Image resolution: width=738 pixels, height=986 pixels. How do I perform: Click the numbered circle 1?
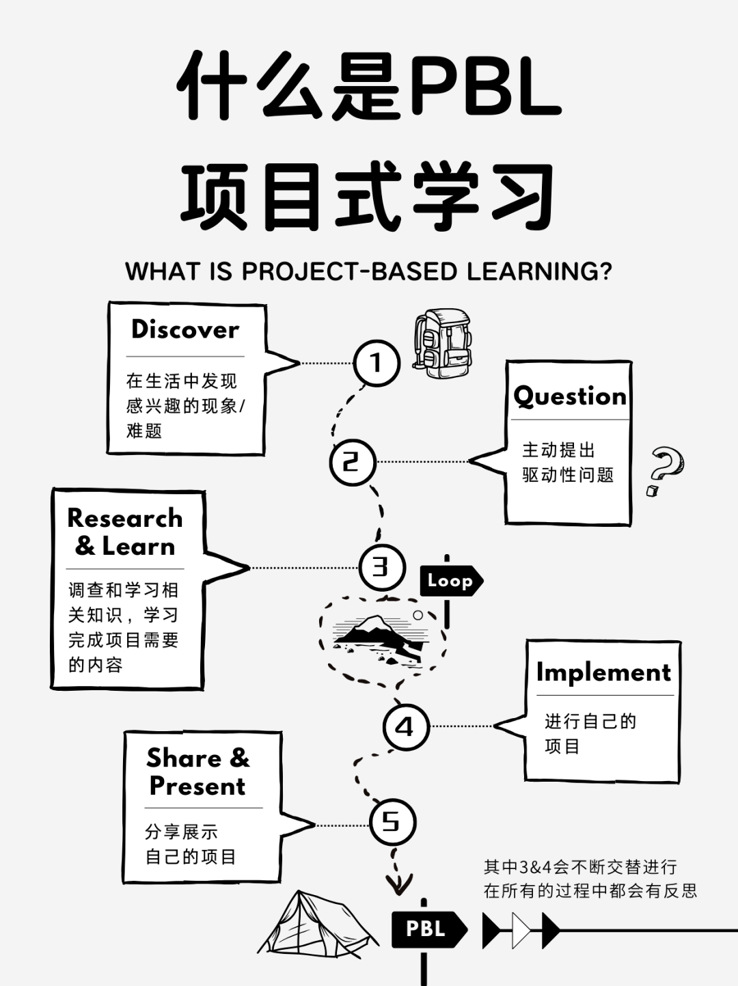click(377, 363)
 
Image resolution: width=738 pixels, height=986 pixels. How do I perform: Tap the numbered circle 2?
click(353, 462)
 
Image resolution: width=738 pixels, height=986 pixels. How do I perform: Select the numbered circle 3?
click(382, 567)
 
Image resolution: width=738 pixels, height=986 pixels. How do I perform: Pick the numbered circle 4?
click(406, 727)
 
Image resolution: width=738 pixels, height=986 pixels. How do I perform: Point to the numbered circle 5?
click(393, 823)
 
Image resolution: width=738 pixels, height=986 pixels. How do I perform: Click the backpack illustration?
click(442, 343)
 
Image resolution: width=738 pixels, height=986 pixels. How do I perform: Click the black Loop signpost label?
click(451, 581)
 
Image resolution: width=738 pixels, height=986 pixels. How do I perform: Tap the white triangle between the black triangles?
click(521, 930)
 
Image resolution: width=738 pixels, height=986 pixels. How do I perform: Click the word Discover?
click(185, 330)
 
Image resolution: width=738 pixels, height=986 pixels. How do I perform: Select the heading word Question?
click(569, 396)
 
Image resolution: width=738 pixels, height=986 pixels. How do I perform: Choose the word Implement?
click(603, 673)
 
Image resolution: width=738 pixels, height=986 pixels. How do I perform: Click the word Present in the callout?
click(197, 786)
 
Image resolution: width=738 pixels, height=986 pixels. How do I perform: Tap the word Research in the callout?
click(125, 519)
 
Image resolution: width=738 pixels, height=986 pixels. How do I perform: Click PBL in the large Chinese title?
click(486, 85)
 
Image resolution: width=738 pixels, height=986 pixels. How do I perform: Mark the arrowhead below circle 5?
click(398, 884)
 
